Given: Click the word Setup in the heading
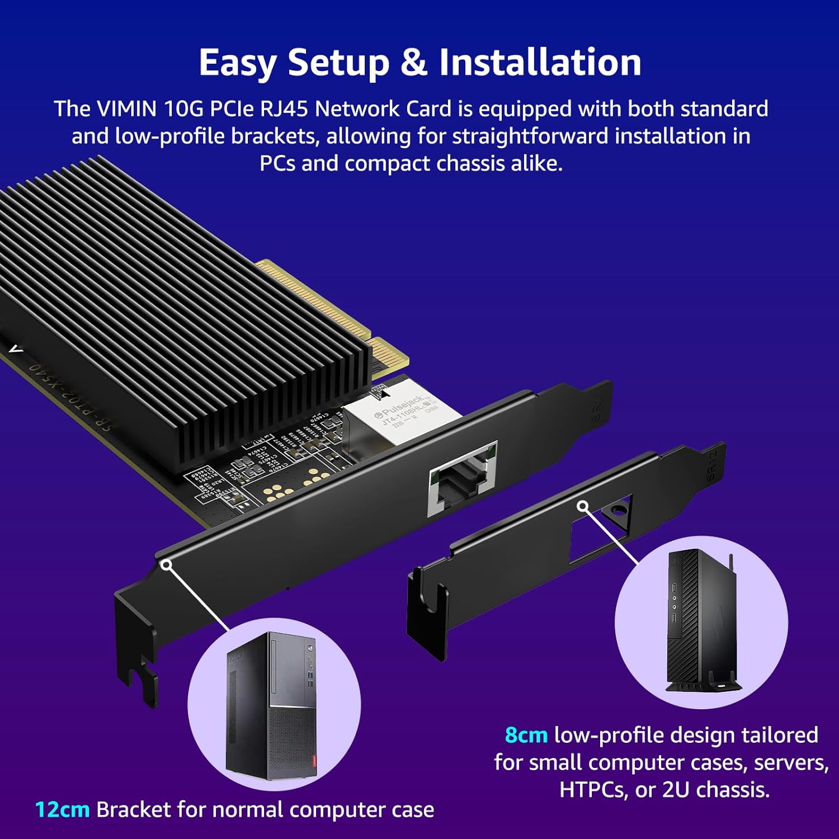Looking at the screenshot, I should point(338,62).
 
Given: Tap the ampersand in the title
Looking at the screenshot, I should point(413,62).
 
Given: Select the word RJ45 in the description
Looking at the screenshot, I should point(284,109).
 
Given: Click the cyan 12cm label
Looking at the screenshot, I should point(62,809).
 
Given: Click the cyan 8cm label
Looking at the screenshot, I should point(526,734).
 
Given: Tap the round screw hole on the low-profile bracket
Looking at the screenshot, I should point(618,511).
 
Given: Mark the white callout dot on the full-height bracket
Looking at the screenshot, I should point(166,564).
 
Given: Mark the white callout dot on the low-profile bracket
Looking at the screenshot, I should point(583,506).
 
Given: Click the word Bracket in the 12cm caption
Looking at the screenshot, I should point(133,809).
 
